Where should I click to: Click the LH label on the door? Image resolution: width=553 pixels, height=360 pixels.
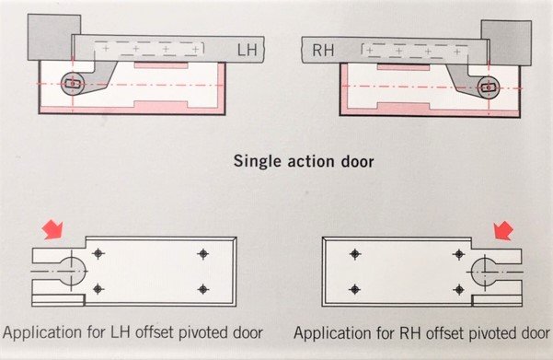tap(248, 50)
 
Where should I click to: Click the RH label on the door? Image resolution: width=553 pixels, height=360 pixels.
tap(323, 50)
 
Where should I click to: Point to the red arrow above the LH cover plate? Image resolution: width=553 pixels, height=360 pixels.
tap(52, 230)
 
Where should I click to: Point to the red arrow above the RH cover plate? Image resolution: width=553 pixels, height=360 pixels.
tap(503, 231)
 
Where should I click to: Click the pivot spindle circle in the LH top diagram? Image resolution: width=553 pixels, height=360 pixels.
tap(73, 84)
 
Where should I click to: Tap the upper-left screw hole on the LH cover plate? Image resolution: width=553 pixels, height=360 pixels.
tap(98, 253)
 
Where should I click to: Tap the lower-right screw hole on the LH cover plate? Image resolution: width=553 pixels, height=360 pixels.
tap(202, 289)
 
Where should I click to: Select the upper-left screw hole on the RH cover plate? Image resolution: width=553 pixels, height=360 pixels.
tap(355, 254)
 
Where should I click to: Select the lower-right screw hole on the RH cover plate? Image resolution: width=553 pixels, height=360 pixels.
tap(459, 290)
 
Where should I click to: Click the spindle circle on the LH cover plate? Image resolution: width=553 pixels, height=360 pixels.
tap(72, 271)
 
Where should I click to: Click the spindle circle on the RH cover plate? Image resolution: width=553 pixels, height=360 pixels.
tap(485, 272)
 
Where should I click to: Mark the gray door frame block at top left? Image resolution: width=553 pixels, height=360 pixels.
tap(53, 37)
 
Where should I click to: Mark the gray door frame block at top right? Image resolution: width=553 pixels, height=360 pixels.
tap(506, 43)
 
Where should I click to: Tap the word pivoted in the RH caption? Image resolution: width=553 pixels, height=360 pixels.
tap(494, 333)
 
